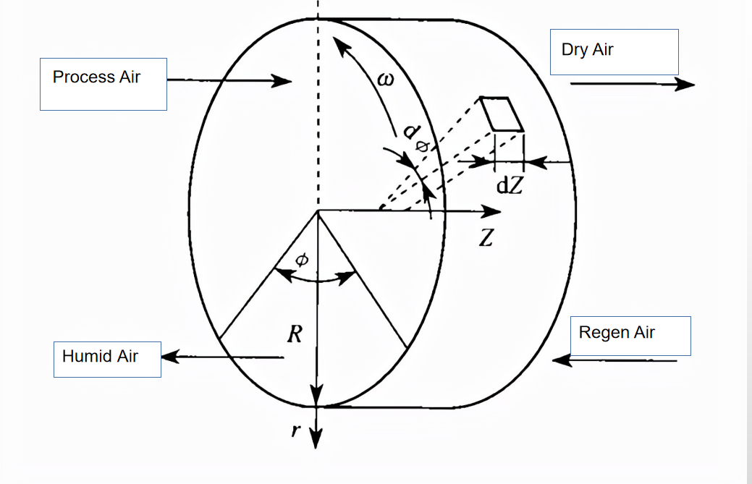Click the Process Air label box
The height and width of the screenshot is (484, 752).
[103, 84]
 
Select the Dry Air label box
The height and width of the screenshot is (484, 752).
[614, 52]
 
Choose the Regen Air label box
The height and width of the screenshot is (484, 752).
[630, 336]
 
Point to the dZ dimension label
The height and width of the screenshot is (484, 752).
[509, 185]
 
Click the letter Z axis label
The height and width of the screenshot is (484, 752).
[486, 239]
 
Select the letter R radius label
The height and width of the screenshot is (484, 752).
[295, 334]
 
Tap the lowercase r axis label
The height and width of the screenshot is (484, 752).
[295, 430]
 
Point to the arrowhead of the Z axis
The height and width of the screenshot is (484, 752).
[493, 211]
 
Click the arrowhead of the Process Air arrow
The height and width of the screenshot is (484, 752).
[283, 80]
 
